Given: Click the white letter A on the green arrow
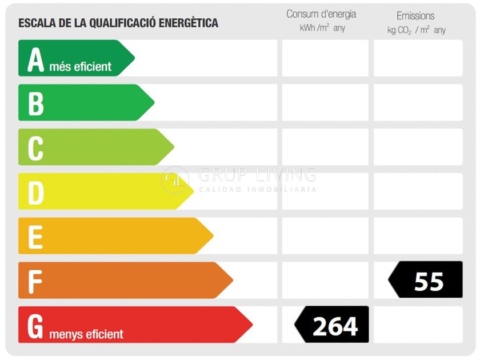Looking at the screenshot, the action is click(x=36, y=59).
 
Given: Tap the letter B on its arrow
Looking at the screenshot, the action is click(x=36, y=104).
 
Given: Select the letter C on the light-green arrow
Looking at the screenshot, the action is click(x=35, y=148).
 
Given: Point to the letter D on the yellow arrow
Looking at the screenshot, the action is click(x=36, y=193).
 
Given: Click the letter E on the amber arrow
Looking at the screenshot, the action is click(x=35, y=237).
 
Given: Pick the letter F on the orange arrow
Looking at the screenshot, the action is click(x=35, y=282).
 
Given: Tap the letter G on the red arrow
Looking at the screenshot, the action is click(x=35, y=326).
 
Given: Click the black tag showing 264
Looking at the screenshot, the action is click(x=331, y=324).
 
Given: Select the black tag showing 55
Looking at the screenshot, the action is click(x=425, y=279).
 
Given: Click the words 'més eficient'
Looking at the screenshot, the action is click(x=80, y=66).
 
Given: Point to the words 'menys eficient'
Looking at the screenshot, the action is click(x=86, y=334).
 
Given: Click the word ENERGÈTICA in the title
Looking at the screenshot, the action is click(x=189, y=23).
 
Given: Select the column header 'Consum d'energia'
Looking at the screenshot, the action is click(x=321, y=14).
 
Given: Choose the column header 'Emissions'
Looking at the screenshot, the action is click(x=415, y=15).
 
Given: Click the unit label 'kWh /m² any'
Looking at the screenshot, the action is click(x=322, y=28).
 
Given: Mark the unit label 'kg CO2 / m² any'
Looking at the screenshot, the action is click(x=417, y=30).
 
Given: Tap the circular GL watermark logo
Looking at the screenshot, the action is click(x=175, y=180).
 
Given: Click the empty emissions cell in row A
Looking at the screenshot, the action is click(x=418, y=58).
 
